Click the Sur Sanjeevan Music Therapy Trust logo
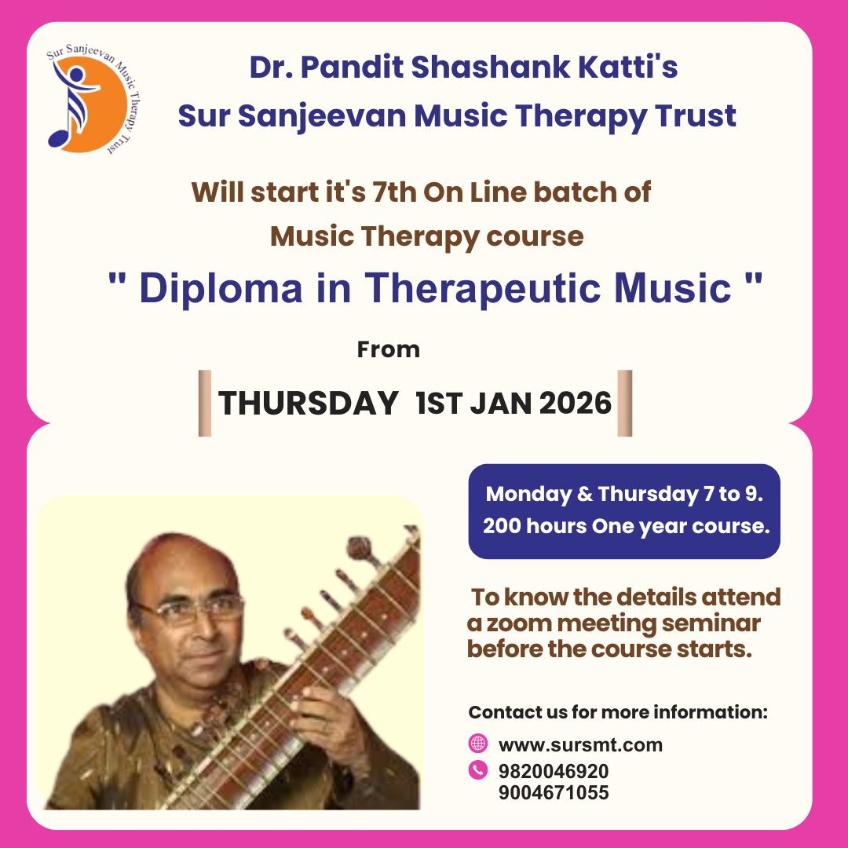point(93,100)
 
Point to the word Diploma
point(221,287)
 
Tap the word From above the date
point(389,350)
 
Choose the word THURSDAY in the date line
point(309,403)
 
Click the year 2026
point(576,404)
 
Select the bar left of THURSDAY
point(205,403)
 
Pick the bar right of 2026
point(625,403)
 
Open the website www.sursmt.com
point(580,745)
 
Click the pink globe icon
point(477,743)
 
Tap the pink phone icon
point(477,769)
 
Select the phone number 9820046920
point(554,771)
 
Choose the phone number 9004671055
point(554,792)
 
